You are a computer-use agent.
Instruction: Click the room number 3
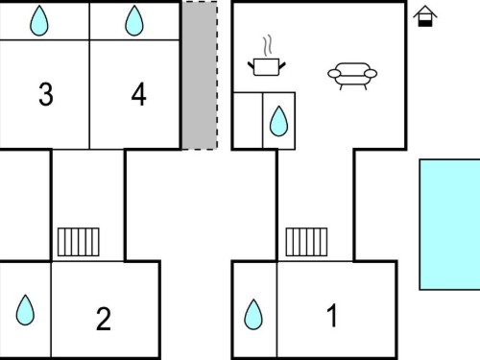[x=46, y=94]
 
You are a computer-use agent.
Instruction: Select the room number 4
[x=139, y=94]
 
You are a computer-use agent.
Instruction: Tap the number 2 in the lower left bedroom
[x=104, y=319]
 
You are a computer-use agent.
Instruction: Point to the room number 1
[x=332, y=316]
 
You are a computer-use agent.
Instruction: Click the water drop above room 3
[x=39, y=21]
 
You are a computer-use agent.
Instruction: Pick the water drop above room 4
[x=134, y=21]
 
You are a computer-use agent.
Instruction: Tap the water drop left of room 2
[x=25, y=310]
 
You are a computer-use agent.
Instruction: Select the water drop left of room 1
[x=253, y=314]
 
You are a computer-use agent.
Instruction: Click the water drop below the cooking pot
[x=278, y=121]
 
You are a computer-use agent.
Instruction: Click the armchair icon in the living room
[x=352, y=76]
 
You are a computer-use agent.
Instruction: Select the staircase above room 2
[x=79, y=242]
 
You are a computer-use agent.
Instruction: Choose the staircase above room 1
[x=306, y=242]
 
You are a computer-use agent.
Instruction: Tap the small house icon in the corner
[x=425, y=16]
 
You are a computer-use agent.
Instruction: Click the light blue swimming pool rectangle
[x=449, y=225]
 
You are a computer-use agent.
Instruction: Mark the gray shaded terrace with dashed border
[x=200, y=75]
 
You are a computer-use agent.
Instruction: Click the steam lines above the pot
[x=268, y=45]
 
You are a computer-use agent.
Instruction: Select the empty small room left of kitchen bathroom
[x=248, y=121]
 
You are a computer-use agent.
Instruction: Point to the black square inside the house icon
[x=425, y=23]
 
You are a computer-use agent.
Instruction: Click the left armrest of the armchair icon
[x=334, y=74]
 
